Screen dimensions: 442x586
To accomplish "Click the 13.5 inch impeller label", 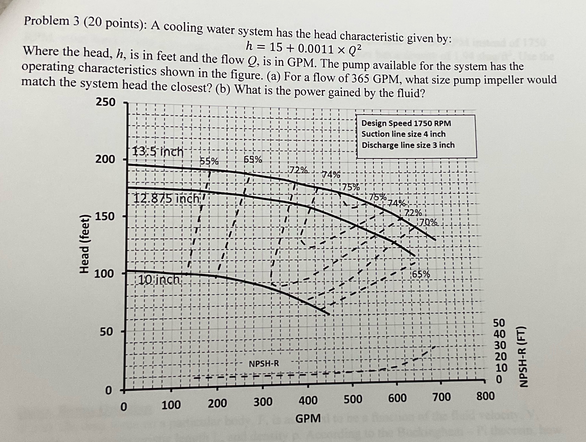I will [x=158, y=152].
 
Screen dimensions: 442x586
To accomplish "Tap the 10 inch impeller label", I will [x=159, y=280].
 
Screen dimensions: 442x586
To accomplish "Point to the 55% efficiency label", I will [x=209, y=161].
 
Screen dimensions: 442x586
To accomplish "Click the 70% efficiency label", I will [x=429, y=222].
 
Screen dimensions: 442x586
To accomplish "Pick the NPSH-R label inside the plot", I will [x=264, y=363].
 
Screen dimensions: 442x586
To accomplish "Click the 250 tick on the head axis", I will [x=105, y=102].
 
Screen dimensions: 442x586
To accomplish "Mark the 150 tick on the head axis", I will [x=105, y=216].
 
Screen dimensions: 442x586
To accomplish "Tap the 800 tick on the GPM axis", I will [x=485, y=396].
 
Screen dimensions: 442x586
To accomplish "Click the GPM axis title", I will [x=308, y=418].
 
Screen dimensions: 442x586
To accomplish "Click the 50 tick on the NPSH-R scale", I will [x=499, y=323].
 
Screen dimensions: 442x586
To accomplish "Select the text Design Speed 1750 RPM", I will [x=406, y=123].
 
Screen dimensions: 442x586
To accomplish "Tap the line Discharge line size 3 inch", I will [x=408, y=145].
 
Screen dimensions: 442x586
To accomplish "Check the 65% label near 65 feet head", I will [x=421, y=274].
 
